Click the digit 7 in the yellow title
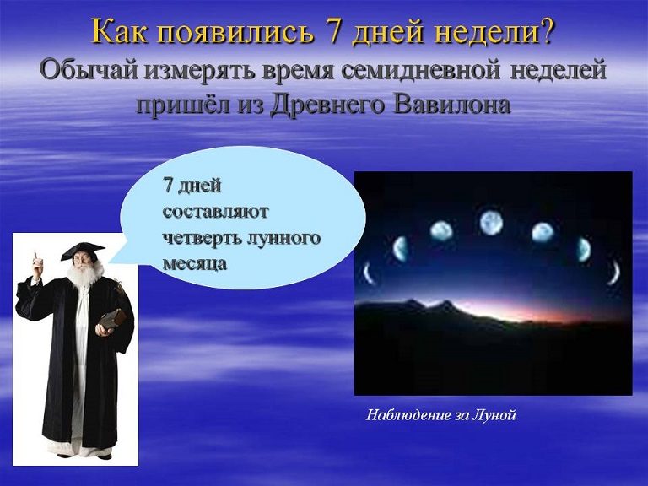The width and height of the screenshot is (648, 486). (x=338, y=31)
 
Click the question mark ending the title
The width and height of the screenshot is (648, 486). (x=546, y=31)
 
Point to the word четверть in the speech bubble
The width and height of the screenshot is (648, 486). (x=201, y=239)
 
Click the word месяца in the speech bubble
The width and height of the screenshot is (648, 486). (x=195, y=264)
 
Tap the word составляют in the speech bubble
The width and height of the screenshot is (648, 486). (x=215, y=213)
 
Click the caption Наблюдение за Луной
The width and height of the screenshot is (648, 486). (x=441, y=414)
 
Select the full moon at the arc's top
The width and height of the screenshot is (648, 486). (x=491, y=223)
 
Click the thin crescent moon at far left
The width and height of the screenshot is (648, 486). (x=368, y=273)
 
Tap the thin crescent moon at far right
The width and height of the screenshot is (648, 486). (x=615, y=273)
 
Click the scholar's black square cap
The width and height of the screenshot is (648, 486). (x=83, y=251)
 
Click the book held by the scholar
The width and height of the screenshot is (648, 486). (x=111, y=319)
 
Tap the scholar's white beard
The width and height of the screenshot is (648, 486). (x=84, y=274)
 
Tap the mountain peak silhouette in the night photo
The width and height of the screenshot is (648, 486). (x=445, y=304)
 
